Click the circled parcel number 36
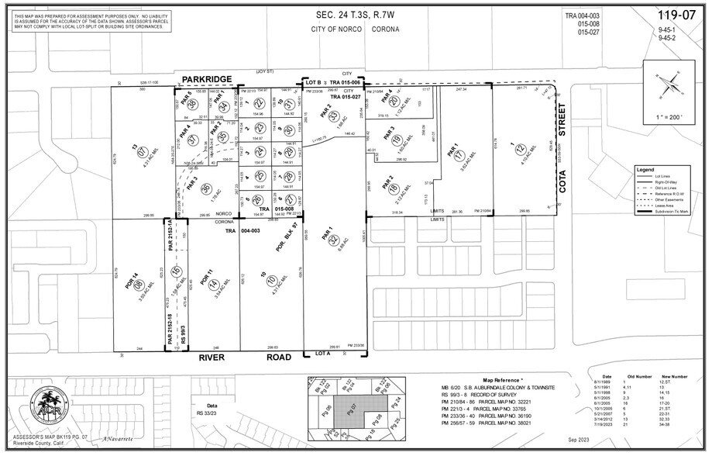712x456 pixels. coord(206,188)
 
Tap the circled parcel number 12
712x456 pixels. coord(521,149)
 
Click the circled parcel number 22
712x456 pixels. coord(260,103)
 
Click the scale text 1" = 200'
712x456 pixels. coord(667,116)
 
